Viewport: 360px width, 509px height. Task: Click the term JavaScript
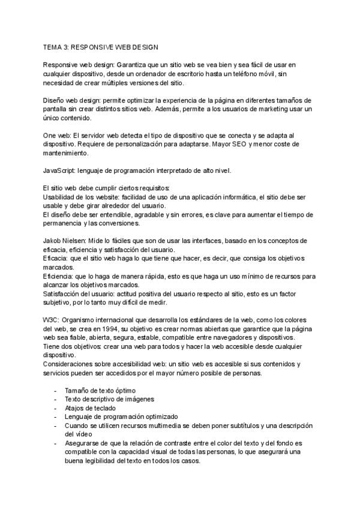[61, 171]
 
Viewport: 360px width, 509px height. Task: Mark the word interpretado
[173, 171]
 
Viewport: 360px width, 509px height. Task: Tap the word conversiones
[122, 224]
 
